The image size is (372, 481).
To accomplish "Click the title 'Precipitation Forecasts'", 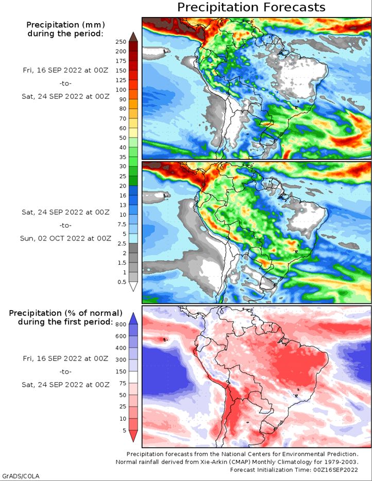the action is [x=251, y=7].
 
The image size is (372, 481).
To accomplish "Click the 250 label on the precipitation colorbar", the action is [x=121, y=42].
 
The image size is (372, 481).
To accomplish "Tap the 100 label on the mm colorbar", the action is [x=121, y=90].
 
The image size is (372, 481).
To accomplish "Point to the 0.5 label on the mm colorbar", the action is [x=122, y=282].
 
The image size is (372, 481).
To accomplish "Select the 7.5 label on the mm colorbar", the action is [x=122, y=224].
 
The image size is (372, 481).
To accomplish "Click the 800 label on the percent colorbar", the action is [x=121, y=324].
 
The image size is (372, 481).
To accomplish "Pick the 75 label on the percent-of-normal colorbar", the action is [x=123, y=383].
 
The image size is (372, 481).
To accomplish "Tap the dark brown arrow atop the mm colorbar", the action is [x=133, y=37].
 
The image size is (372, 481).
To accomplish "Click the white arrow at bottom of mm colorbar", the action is [x=133, y=286].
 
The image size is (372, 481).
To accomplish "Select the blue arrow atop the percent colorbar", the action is [x=133, y=318].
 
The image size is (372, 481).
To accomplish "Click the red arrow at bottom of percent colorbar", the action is [x=133, y=436].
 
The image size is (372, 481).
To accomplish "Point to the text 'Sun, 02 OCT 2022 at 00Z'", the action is [x=65, y=238].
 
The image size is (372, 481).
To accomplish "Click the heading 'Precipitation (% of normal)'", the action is [x=65, y=313].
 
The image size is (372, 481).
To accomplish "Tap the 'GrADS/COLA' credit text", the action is [x=21, y=476].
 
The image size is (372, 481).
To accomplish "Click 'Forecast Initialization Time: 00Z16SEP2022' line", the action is [x=294, y=470].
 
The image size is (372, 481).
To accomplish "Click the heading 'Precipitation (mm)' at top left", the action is [x=65, y=25].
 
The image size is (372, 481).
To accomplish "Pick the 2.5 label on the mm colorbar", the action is [x=122, y=244].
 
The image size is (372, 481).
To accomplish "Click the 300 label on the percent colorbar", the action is [x=121, y=359].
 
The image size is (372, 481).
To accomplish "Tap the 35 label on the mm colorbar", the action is [x=123, y=157].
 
